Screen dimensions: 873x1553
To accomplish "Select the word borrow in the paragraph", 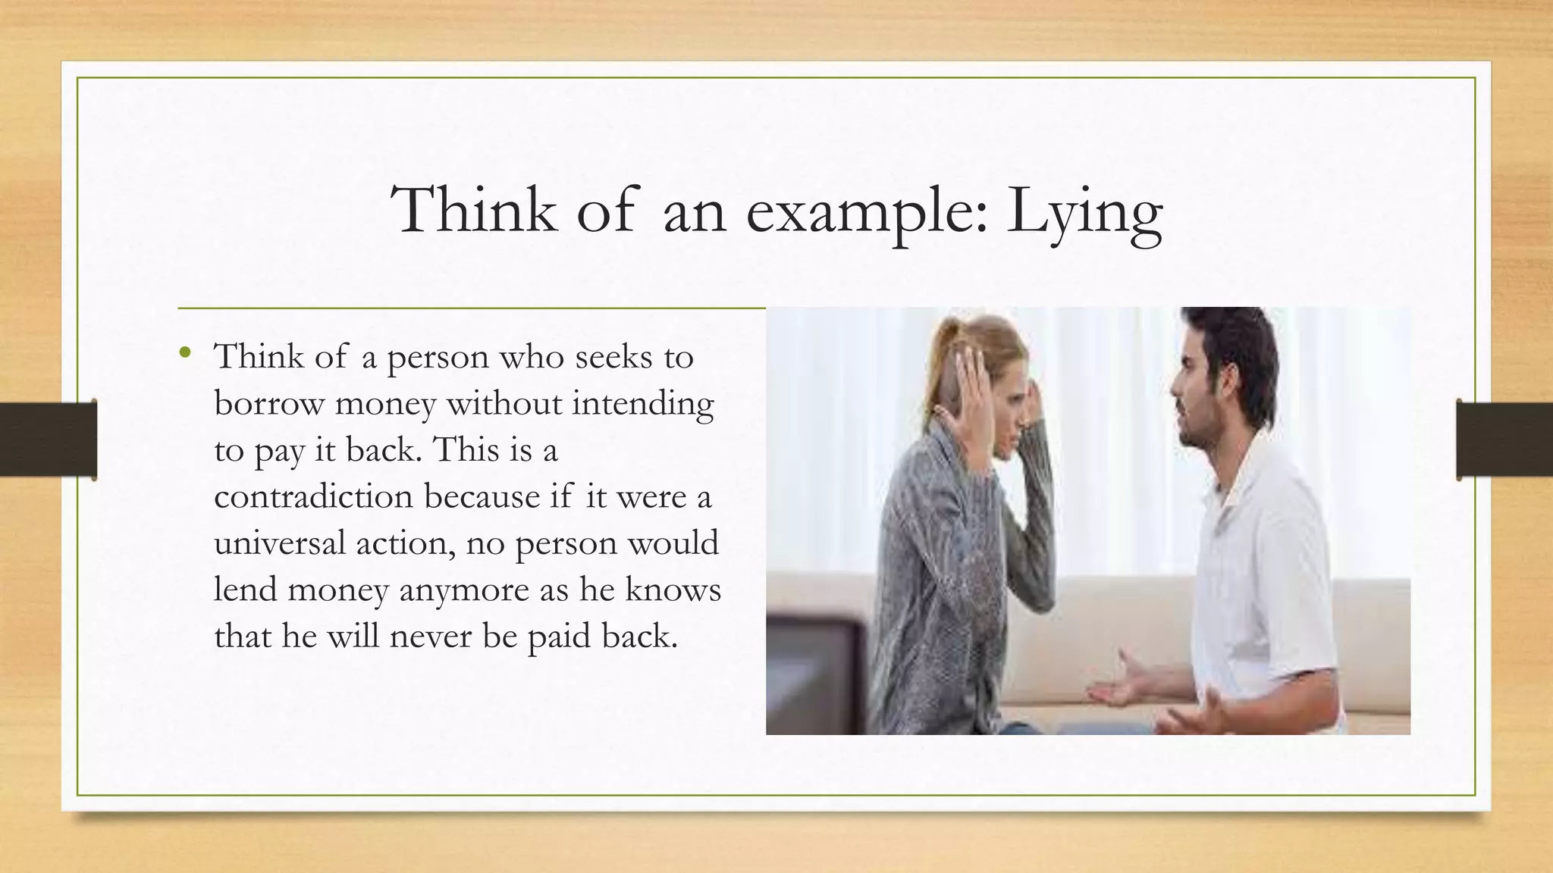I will pyautogui.click(x=268, y=403).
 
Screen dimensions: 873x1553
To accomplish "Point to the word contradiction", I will pyautogui.click(x=314, y=497).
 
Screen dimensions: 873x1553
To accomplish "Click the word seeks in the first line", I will pyautogui.click(x=613, y=357).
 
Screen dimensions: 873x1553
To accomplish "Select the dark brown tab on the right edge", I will pyautogui.click(x=1504, y=440).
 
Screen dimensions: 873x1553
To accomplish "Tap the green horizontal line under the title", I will pyautogui.click(x=471, y=308).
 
